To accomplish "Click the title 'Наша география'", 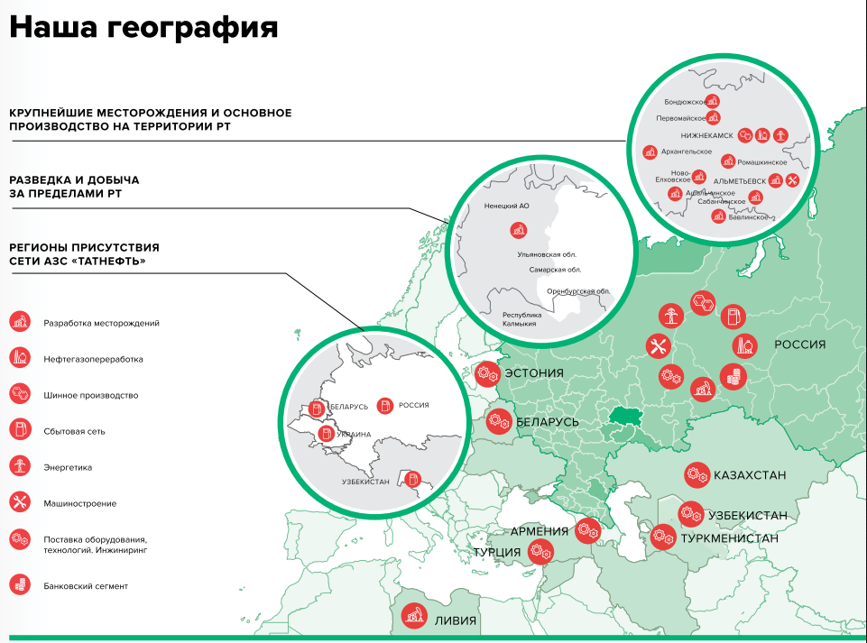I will tap(143, 27).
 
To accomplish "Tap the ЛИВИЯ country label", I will tap(455, 620).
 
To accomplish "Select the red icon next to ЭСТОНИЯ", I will tap(486, 372).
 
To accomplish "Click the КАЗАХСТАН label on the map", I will tap(749, 475).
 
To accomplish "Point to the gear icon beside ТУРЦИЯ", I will tap(540, 551).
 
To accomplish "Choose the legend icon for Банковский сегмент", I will tap(20, 585).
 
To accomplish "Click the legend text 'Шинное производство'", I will tap(90, 395).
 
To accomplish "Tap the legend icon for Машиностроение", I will tap(20, 502).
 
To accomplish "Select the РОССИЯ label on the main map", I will tap(799, 344).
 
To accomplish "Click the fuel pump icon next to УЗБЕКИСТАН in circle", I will tap(413, 479).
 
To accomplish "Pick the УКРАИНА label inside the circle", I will tap(352, 435).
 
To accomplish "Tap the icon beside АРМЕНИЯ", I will tap(587, 530).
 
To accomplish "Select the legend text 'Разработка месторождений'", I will tap(101, 323).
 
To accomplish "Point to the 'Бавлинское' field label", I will tap(748, 217).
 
